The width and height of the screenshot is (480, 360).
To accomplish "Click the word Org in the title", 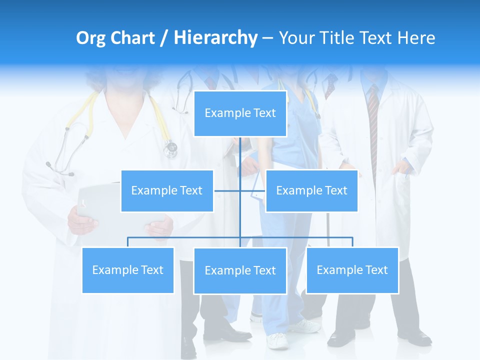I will pyautogui.click(x=91, y=38).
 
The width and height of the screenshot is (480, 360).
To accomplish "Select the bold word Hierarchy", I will pyautogui.click(x=215, y=38).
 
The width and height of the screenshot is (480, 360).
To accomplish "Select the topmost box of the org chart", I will pyautogui.click(x=240, y=113).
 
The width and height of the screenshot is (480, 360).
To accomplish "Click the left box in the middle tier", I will pyautogui.click(x=167, y=190).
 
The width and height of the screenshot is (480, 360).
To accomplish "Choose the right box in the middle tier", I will pyautogui.click(x=311, y=190).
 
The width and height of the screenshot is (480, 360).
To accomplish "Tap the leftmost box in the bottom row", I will pyautogui.click(x=127, y=270).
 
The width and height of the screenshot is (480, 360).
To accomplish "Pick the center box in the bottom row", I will pyautogui.click(x=240, y=270).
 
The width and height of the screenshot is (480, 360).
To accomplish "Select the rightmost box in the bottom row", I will pyautogui.click(x=352, y=270).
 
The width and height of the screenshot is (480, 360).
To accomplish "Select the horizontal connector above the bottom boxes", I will pyautogui.click(x=185, y=237).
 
